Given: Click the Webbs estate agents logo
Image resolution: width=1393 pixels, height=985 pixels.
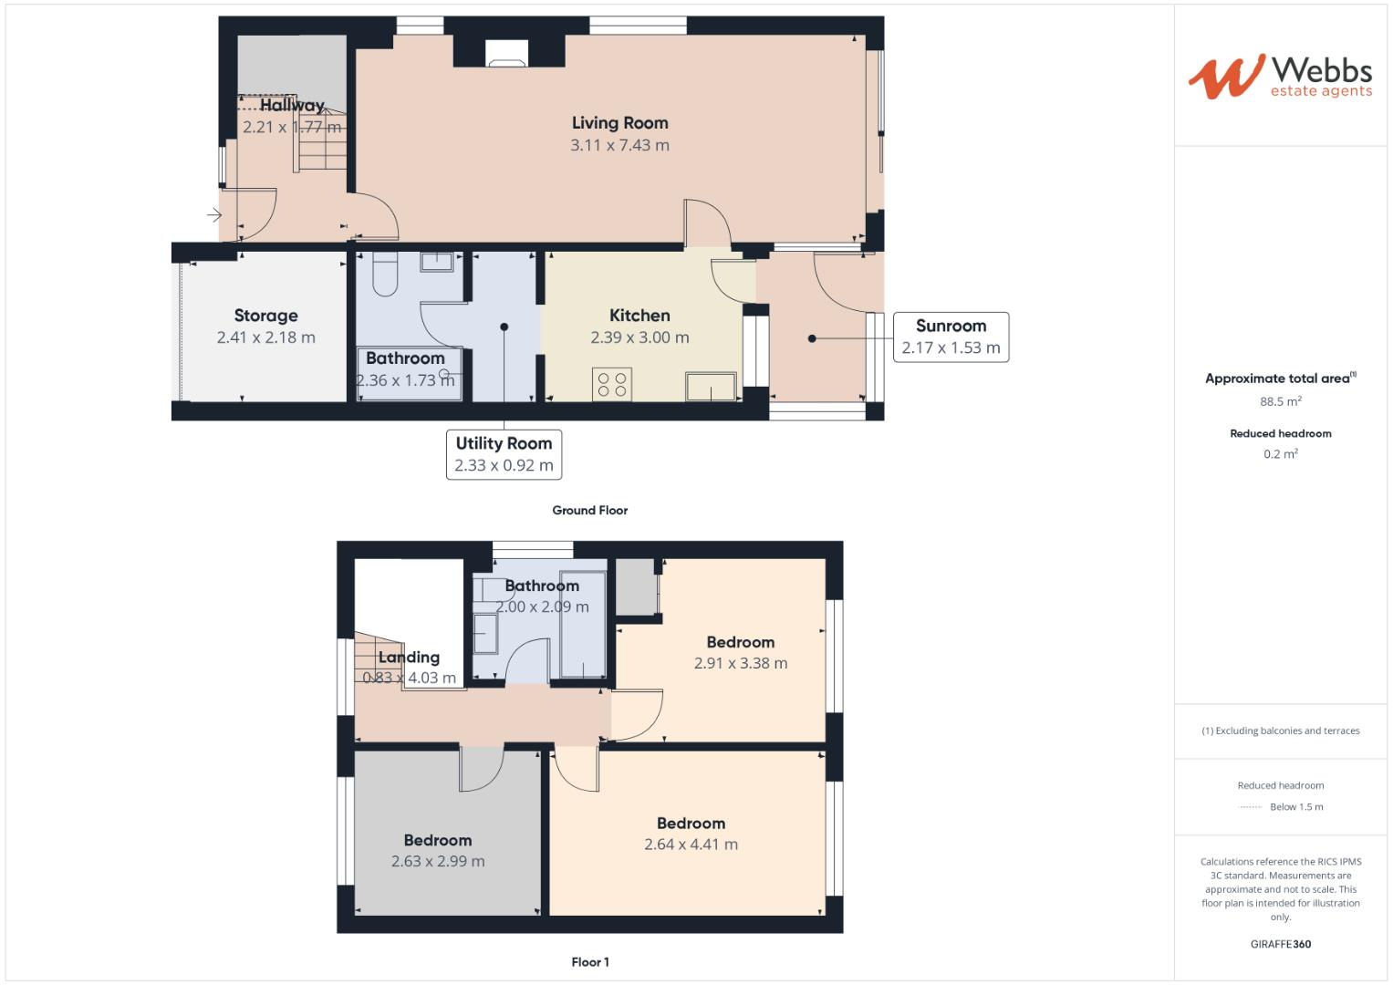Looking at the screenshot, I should [1279, 77].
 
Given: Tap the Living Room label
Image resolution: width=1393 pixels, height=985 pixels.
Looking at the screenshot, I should [619, 123].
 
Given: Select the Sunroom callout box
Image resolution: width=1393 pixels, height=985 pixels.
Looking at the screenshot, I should [951, 337].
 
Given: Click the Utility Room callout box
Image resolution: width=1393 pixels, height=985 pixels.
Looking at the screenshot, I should [504, 454].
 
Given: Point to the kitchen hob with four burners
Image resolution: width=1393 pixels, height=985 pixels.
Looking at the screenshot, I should [611, 384].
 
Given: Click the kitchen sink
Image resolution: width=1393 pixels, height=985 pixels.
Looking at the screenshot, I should [712, 386].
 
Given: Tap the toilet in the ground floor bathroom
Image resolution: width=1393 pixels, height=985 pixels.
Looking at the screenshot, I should [385, 276].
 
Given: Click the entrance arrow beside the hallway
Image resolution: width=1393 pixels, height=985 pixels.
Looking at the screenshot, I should [213, 216].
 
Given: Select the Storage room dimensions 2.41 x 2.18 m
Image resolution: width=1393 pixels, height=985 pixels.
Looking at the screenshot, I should [265, 337].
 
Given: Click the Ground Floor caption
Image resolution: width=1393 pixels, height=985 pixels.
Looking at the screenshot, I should [589, 511].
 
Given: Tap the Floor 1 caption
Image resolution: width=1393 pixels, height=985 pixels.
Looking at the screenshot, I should [589, 962].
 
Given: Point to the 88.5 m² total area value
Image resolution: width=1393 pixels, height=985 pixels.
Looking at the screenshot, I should [1280, 401].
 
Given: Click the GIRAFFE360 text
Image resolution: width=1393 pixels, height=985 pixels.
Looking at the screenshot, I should [1280, 944].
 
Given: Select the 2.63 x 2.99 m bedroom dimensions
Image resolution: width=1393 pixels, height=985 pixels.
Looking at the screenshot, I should [438, 862].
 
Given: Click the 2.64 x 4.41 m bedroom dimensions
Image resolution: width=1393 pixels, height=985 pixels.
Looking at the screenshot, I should [691, 845].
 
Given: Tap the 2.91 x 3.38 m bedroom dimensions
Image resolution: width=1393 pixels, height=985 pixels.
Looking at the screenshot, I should [740, 664].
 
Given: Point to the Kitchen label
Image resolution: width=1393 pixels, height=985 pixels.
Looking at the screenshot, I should [639, 316].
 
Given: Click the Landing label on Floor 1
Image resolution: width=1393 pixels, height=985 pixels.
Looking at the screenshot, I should [409, 658].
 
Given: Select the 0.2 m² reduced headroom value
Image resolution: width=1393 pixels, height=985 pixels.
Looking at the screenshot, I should [1280, 454].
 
